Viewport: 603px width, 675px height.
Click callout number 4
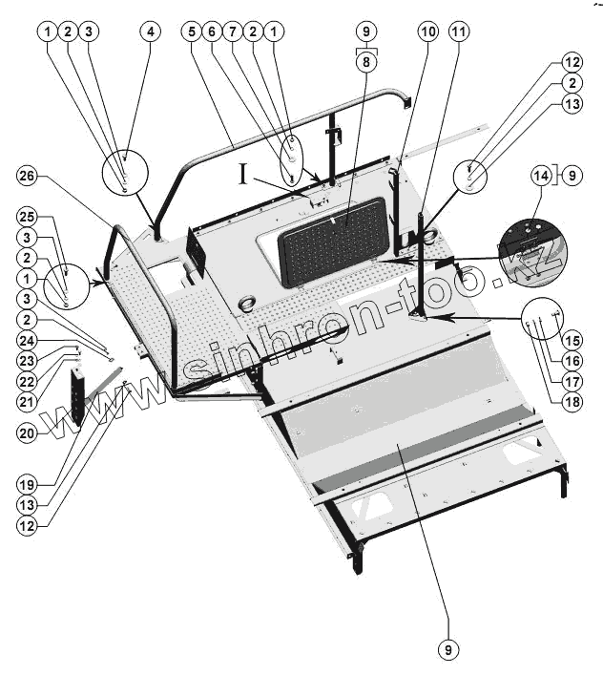(149, 31)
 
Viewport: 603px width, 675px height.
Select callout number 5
(192, 31)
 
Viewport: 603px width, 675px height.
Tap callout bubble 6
(211, 31)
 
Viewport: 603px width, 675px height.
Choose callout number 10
(426, 31)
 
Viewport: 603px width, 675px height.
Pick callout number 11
(459, 31)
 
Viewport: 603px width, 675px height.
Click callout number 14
(541, 177)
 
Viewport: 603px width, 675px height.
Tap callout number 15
(572, 339)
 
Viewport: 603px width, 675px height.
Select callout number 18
(572, 401)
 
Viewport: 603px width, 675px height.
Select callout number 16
(572, 360)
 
